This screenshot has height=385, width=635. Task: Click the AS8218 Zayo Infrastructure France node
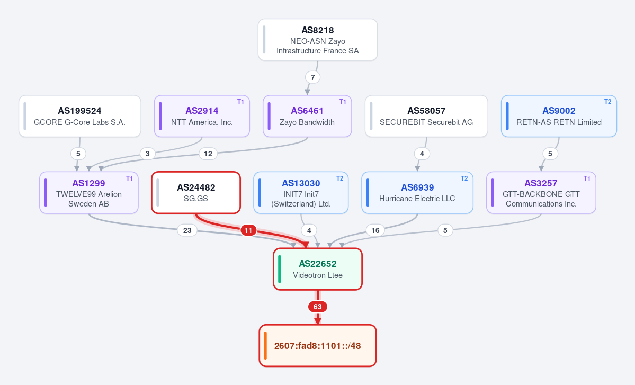coord(318,40)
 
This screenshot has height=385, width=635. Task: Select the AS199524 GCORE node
coord(80,116)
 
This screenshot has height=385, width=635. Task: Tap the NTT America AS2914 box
coord(202,116)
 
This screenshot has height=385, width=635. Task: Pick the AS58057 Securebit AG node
coord(426,116)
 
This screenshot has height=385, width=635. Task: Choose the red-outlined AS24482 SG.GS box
coord(196,193)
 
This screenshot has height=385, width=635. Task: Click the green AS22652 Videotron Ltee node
coord(318,269)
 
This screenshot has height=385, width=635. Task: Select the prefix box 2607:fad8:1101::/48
coord(318,346)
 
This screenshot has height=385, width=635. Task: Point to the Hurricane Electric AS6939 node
coord(417,193)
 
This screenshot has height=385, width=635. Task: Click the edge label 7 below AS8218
coord(312,77)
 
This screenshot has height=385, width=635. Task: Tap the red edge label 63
coord(318,307)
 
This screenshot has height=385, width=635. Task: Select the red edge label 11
coord(248,230)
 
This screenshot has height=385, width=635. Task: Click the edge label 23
coord(187,230)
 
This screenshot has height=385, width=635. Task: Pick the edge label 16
coord(375,230)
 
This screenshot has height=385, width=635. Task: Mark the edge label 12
coord(208,154)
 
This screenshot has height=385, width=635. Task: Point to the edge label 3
coord(147,154)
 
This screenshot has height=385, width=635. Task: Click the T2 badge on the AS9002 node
coord(607,102)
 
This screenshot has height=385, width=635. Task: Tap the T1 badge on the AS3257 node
coord(587,178)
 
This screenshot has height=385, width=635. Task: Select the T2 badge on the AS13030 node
coord(340,178)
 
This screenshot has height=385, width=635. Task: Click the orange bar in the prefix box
coord(265,346)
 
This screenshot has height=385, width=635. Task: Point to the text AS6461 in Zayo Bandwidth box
coord(307,111)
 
